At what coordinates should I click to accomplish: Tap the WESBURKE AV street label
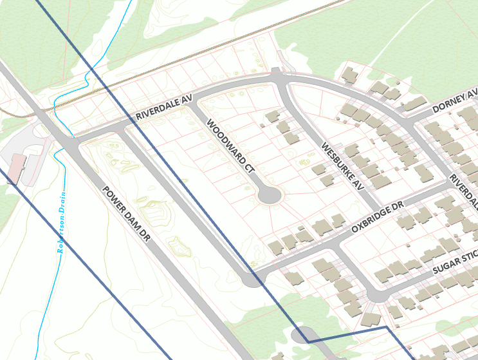pyautogui.click(x=342, y=166)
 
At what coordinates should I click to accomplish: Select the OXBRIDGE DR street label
pyautogui.click(x=376, y=217)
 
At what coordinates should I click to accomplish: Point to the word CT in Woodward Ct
pyautogui.click(x=250, y=169)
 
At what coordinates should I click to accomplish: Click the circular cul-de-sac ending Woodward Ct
pyautogui.click(x=268, y=194)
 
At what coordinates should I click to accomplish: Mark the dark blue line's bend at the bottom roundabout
pyautogui.click(x=306, y=341)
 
